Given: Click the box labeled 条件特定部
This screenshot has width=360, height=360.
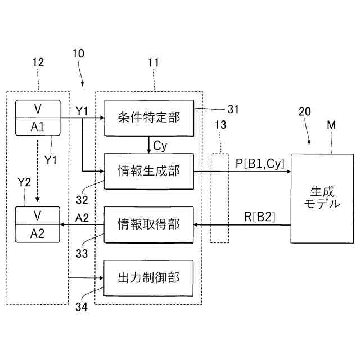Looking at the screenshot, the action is (x=149, y=118).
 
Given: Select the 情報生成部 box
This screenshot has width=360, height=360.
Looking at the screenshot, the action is (x=149, y=171).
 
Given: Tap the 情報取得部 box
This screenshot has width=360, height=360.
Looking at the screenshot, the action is (x=148, y=224).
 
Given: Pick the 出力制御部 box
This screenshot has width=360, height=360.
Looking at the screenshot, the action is (x=148, y=278).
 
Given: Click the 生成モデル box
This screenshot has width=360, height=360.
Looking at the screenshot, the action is (x=322, y=199).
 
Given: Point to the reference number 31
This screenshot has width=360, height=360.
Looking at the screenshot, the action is (x=233, y=109).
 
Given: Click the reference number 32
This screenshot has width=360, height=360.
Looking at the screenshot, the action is (x=82, y=200).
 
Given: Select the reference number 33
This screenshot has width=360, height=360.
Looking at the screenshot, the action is (x=82, y=254).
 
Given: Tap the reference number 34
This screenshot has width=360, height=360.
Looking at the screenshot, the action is (x=82, y=307).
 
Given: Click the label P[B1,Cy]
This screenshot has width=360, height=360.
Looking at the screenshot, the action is (x=260, y=164).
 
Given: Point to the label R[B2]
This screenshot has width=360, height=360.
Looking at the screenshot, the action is (x=259, y=217).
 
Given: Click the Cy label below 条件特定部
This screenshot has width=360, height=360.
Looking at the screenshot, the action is (x=160, y=146).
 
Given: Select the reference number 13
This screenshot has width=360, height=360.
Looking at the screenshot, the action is (x=220, y=125).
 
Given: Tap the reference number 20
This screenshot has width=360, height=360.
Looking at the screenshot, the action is (x=305, y=111).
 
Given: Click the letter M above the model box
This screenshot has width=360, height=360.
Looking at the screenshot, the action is (x=331, y=125).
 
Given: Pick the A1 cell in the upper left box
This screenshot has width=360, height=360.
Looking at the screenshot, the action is (x=38, y=127).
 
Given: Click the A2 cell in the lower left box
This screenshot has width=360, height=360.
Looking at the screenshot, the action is (x=37, y=233).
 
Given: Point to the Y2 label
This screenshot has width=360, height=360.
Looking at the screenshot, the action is (x=24, y=182).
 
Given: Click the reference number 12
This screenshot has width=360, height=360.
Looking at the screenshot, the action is (x=38, y=62).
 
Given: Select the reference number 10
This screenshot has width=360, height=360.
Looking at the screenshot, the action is (x=79, y=53).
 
